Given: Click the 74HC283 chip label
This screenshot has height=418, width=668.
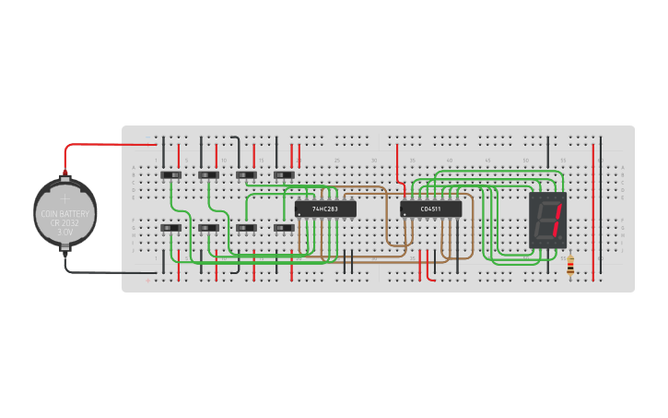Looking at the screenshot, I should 325,209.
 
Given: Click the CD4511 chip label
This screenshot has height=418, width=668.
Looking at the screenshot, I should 430,209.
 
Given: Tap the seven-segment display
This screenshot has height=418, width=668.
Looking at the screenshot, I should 547,222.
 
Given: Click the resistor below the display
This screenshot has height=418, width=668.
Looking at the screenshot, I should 570,266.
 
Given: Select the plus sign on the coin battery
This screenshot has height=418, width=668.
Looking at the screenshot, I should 64,197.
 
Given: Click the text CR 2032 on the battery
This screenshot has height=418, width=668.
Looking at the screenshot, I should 64,222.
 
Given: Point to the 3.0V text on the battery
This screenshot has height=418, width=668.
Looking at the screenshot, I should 64,232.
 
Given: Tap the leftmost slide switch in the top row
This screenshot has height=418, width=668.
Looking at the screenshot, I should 171,174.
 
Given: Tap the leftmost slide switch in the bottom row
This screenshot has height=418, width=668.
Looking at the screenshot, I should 171,228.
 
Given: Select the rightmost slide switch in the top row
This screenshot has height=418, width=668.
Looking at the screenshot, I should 284,174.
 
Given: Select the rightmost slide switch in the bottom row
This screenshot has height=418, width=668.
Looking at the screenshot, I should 284,228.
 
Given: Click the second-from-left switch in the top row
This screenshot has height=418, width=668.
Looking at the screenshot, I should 209,174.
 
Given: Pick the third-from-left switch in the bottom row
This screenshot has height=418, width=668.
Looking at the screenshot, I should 246,228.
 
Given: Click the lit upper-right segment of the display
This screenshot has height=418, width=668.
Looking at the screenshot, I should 557,213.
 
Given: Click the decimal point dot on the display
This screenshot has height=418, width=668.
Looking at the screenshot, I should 561,244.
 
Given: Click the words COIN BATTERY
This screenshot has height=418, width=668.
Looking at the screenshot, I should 64,213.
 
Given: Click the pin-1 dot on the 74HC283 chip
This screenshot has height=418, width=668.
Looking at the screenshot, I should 299,214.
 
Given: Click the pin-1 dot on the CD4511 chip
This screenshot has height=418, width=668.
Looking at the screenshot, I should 404,214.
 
